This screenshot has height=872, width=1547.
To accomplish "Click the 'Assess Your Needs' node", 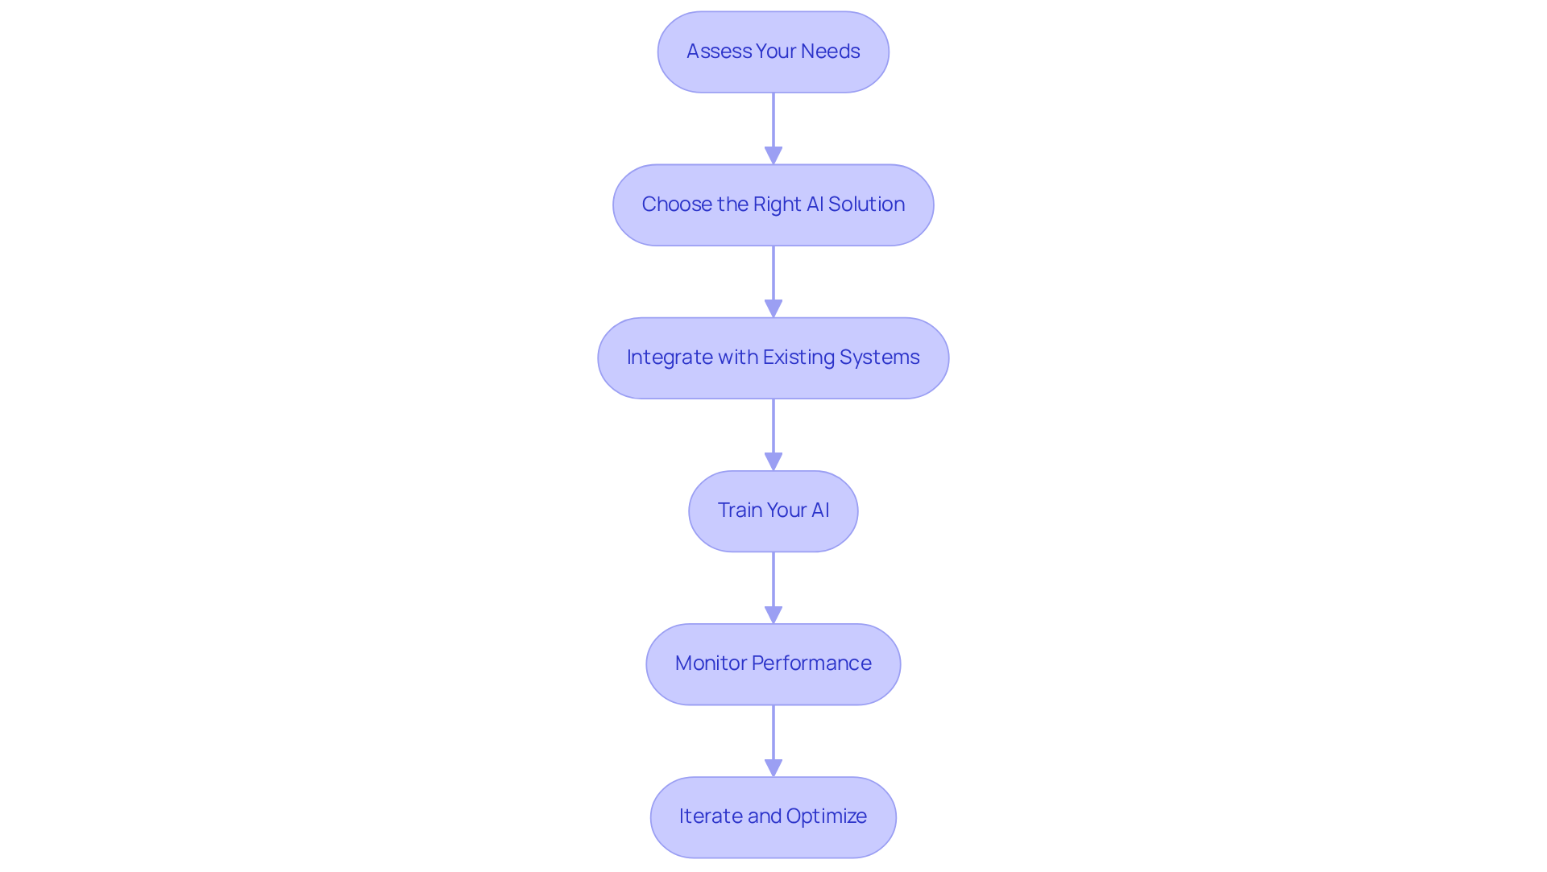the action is click(x=773, y=52).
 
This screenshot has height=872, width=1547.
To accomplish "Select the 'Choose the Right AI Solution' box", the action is click(x=773, y=205).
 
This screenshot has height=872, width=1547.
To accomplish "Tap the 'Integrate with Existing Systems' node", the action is click(x=773, y=358).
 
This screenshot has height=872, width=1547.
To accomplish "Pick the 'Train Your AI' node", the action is click(x=773, y=511).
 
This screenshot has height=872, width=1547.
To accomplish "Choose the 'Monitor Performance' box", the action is click(x=773, y=664).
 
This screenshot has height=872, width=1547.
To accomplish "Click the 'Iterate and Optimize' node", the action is click(x=773, y=817).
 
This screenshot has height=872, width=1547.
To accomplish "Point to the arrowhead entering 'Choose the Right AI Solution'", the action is click(x=773, y=155).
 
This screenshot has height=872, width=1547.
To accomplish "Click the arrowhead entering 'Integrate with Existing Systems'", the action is click(x=773, y=308).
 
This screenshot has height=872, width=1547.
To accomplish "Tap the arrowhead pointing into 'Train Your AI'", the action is click(x=773, y=461).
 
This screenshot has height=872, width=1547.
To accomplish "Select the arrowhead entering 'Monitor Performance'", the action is click(x=773, y=614).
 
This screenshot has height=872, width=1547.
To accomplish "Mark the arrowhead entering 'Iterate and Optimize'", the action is click(x=773, y=767).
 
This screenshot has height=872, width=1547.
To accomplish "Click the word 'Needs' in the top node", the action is click(x=830, y=52).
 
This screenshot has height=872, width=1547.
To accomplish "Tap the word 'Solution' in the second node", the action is click(x=866, y=205).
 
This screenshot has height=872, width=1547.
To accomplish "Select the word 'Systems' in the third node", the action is click(x=879, y=357).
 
